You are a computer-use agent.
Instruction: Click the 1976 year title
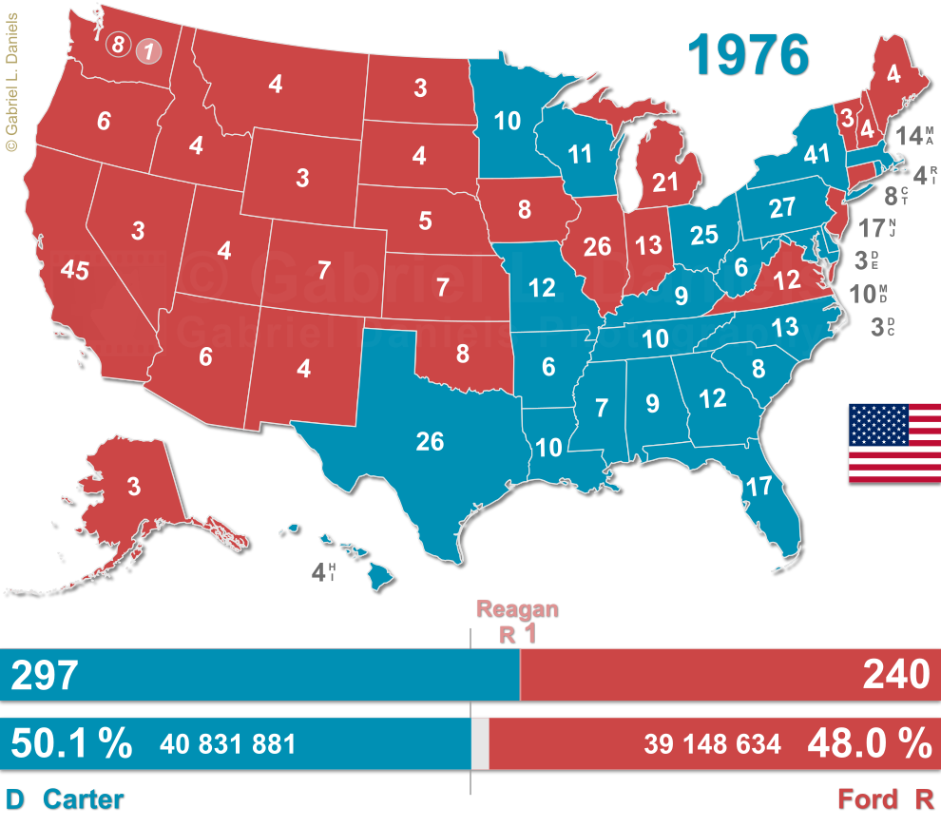click(749, 54)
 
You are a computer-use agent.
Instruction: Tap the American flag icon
click(893, 443)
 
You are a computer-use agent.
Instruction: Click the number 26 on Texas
click(430, 441)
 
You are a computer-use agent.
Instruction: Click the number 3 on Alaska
click(134, 487)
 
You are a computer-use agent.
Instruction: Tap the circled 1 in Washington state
click(147, 50)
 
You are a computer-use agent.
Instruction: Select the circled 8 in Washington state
click(118, 44)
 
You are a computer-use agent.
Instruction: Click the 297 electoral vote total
click(44, 675)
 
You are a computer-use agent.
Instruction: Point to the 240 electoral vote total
click(896, 675)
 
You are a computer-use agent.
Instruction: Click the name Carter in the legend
click(84, 799)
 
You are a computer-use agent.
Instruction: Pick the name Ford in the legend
click(867, 799)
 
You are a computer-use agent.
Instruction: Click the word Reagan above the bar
click(517, 610)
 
